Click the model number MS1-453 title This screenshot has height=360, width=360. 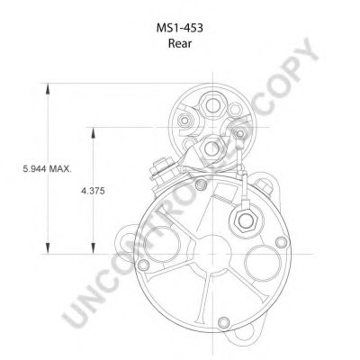point(180,28)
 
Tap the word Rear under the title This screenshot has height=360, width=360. point(180,43)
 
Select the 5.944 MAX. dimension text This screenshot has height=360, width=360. point(48,169)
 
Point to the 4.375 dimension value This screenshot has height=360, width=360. point(93,191)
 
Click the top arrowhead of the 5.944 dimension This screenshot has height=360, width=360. point(48,89)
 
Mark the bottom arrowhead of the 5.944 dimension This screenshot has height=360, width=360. point(48,248)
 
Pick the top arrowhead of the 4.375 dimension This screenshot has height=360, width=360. point(93,133)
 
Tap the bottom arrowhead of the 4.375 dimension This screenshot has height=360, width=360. point(93,248)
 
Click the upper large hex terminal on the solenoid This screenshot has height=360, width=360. point(212,105)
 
